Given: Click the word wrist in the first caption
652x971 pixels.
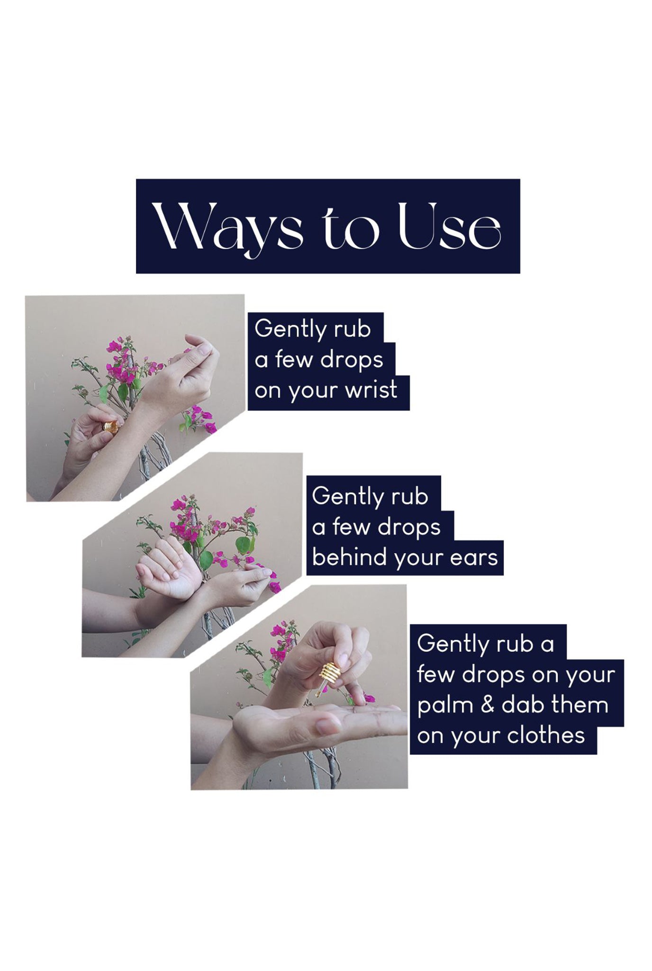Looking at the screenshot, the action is point(371,390).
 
